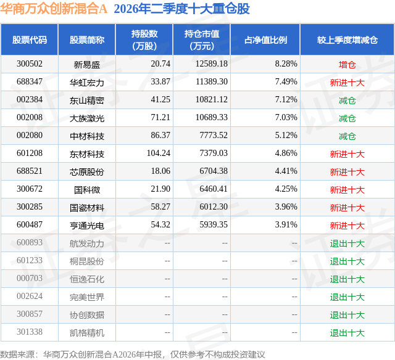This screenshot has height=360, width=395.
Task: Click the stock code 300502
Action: point(30,64)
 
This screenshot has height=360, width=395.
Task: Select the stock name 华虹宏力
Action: point(87,83)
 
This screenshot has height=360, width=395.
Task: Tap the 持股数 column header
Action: point(144,39)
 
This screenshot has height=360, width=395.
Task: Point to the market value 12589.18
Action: point(212,64)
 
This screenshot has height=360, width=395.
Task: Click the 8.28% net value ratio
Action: point(286,64)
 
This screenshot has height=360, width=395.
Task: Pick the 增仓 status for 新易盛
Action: point(347,65)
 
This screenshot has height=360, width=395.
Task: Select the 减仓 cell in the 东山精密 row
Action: point(347,100)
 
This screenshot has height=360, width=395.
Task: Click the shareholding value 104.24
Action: point(159,153)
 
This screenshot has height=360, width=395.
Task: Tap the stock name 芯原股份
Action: point(87,172)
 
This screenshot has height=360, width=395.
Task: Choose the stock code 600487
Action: point(30,224)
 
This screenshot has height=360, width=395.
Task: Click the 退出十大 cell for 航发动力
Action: point(347,243)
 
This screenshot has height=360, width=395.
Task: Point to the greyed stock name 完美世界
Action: point(87,297)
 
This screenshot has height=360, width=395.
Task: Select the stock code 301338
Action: point(30,332)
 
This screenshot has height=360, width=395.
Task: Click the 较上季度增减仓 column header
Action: point(347,39)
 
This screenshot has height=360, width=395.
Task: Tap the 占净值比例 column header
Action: point(265,39)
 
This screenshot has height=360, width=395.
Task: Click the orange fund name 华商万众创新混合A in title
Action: point(54,9)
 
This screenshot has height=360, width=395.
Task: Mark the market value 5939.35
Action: point(214,224)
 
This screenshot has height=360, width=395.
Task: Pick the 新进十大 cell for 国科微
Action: point(347,190)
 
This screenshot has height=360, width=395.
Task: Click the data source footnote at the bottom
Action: point(133,354)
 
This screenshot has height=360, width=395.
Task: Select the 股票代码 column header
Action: point(30,39)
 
